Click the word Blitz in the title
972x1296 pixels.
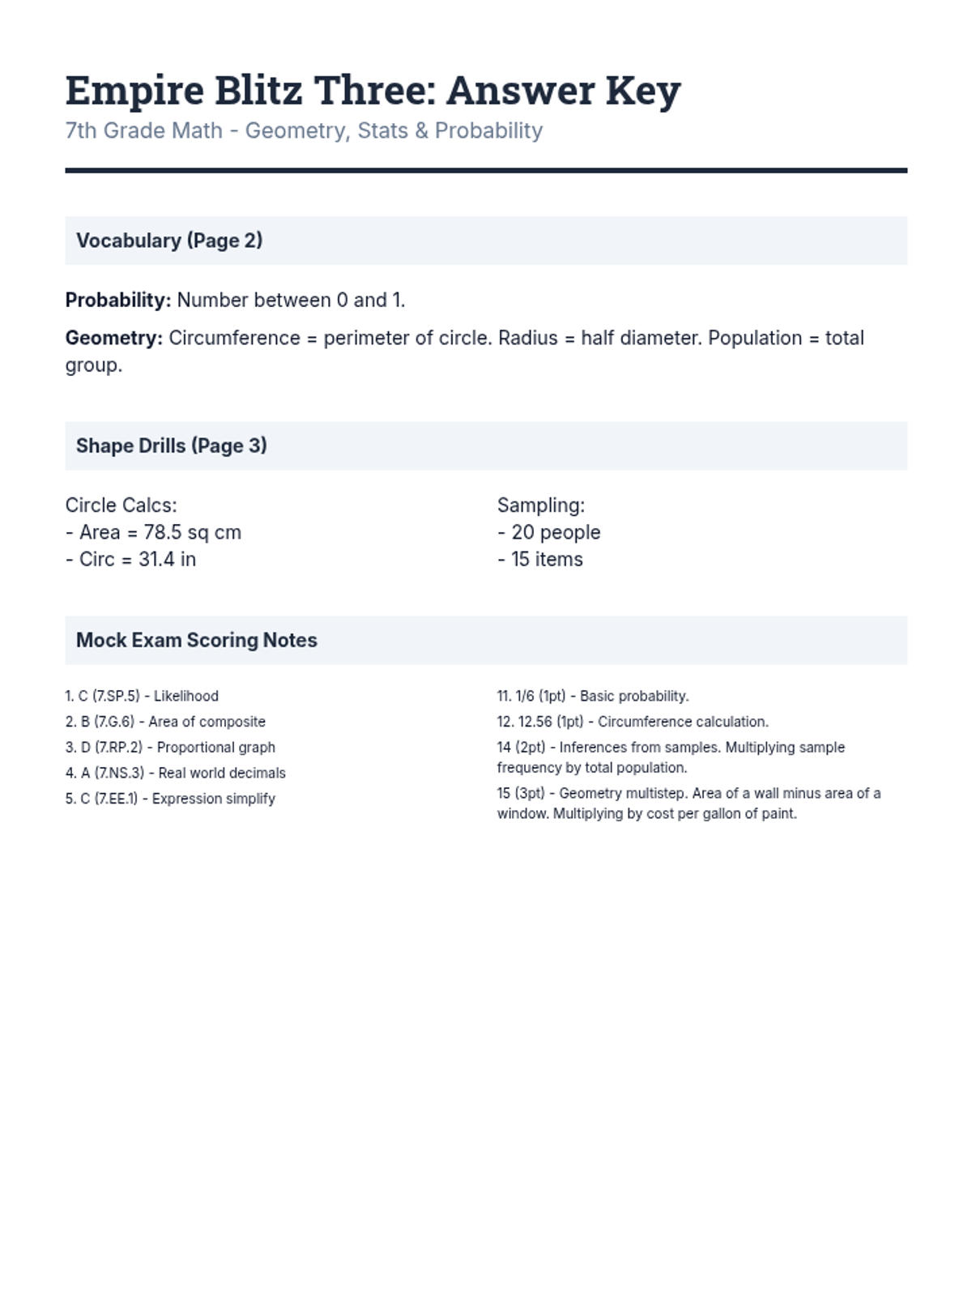click(x=258, y=91)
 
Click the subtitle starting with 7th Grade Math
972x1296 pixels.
click(x=304, y=130)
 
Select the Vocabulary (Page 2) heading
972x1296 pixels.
click(x=169, y=241)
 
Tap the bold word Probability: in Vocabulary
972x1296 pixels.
click(x=118, y=301)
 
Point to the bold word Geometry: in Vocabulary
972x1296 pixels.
click(x=114, y=338)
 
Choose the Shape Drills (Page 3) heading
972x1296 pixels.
click(x=172, y=446)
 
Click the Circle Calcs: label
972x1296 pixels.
click(x=122, y=505)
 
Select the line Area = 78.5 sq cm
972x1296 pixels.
click(x=154, y=532)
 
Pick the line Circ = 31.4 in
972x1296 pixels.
click(x=131, y=559)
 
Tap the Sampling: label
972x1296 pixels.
click(x=541, y=505)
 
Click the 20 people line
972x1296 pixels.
click(x=549, y=532)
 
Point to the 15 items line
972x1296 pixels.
click(x=540, y=559)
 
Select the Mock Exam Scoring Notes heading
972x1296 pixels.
click(x=197, y=640)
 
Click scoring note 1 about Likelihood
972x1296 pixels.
click(x=142, y=696)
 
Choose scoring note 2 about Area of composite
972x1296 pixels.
click(x=165, y=722)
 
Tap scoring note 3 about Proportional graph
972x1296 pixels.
click(x=170, y=747)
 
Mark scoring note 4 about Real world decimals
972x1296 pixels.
click(x=176, y=773)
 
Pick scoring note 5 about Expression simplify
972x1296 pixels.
click(x=170, y=799)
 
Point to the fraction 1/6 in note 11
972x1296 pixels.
click(x=525, y=696)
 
